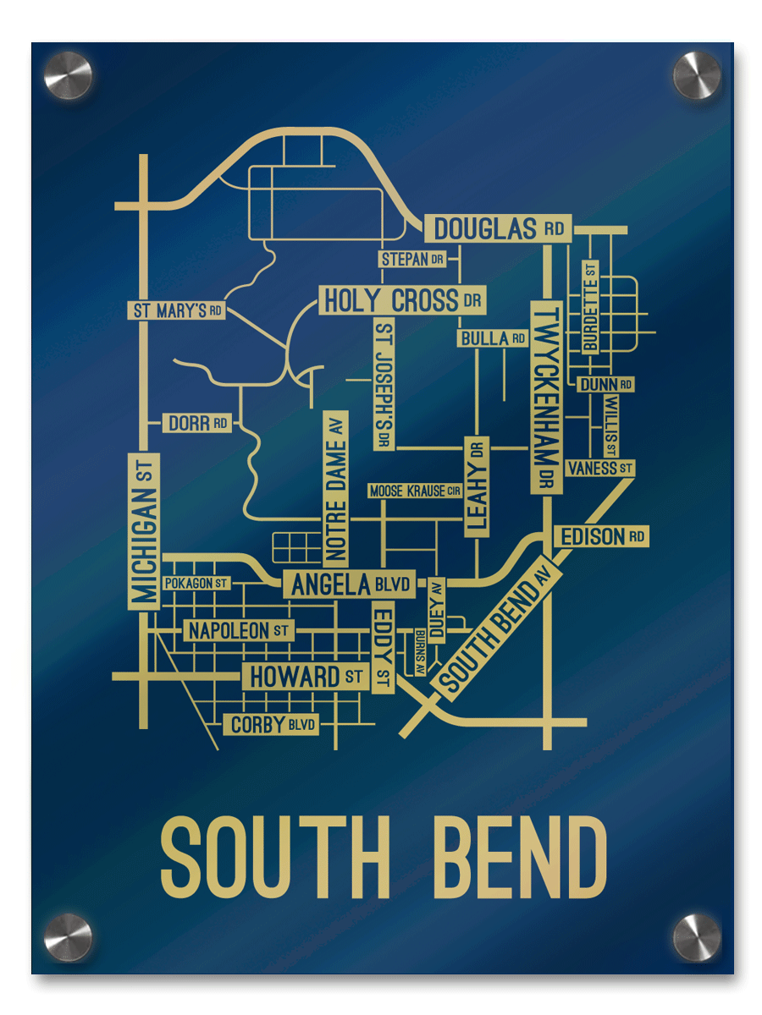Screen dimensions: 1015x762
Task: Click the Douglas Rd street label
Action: click(498, 228)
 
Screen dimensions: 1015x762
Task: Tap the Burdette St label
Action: click(590, 306)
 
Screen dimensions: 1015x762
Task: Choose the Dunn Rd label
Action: click(605, 385)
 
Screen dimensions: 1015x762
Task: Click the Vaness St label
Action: click(600, 468)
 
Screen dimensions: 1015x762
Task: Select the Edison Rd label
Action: click(600, 536)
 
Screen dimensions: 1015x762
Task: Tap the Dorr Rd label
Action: click(196, 423)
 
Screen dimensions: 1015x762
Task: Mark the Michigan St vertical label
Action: click(144, 530)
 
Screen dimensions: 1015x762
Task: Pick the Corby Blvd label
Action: click(271, 725)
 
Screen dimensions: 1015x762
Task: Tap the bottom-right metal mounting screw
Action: click(697, 937)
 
